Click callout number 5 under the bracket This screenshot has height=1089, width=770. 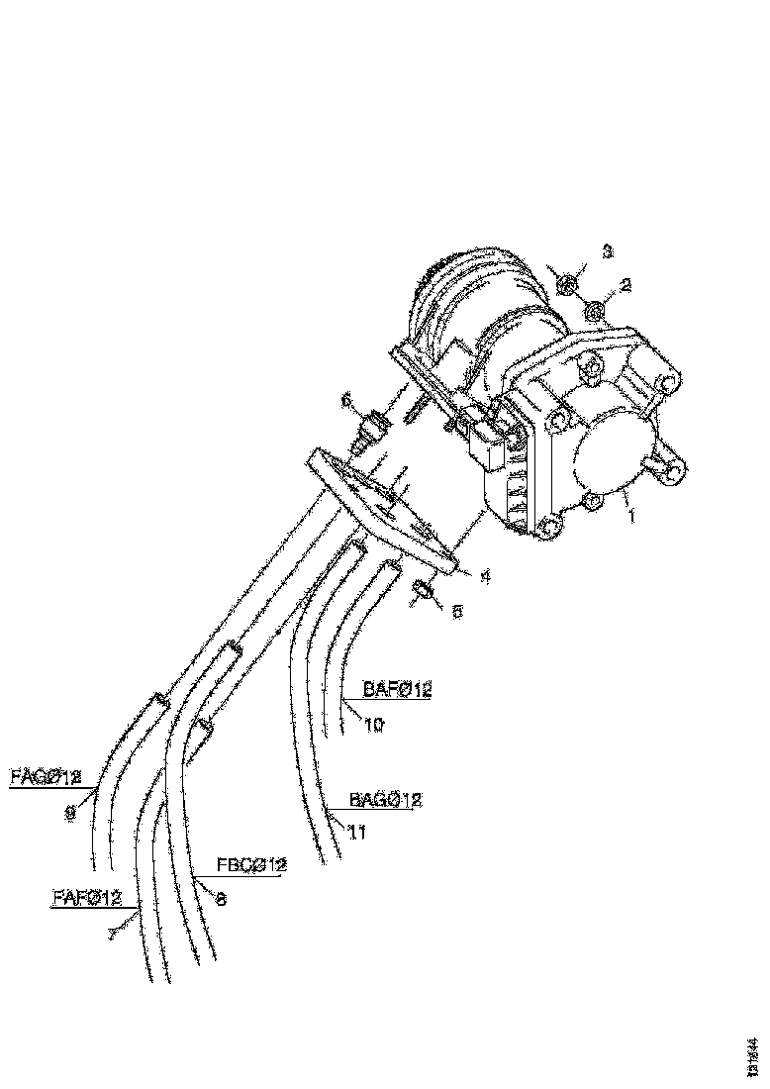456,612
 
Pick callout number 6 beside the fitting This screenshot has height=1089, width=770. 346,400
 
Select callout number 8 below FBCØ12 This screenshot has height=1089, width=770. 221,900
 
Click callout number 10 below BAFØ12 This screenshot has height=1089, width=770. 373,724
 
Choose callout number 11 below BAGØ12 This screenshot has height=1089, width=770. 357,834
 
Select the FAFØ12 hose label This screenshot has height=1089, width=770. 85,897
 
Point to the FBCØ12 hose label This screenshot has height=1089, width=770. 251,864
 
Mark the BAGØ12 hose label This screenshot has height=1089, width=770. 386,800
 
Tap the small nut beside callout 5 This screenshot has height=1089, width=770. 422,591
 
